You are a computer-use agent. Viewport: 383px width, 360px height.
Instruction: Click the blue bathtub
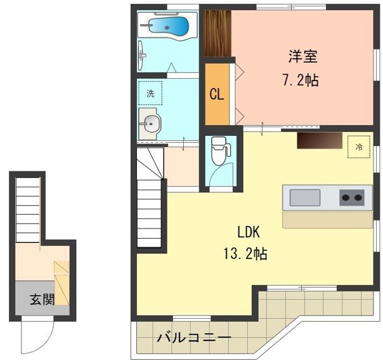168,27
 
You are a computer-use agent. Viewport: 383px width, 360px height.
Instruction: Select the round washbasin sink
150,123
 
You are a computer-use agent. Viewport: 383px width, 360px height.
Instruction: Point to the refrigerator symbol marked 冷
359,147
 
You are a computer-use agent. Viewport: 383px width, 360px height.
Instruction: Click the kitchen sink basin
305,197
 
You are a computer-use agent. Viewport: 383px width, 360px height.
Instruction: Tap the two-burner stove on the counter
352,197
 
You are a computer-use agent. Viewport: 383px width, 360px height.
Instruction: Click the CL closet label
216,95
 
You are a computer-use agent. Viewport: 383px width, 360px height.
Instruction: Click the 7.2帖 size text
301,81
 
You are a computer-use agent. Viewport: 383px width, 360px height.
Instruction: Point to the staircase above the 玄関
29,210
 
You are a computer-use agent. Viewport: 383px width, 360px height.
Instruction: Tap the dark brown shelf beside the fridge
319,140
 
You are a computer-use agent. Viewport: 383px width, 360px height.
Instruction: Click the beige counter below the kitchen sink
327,218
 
